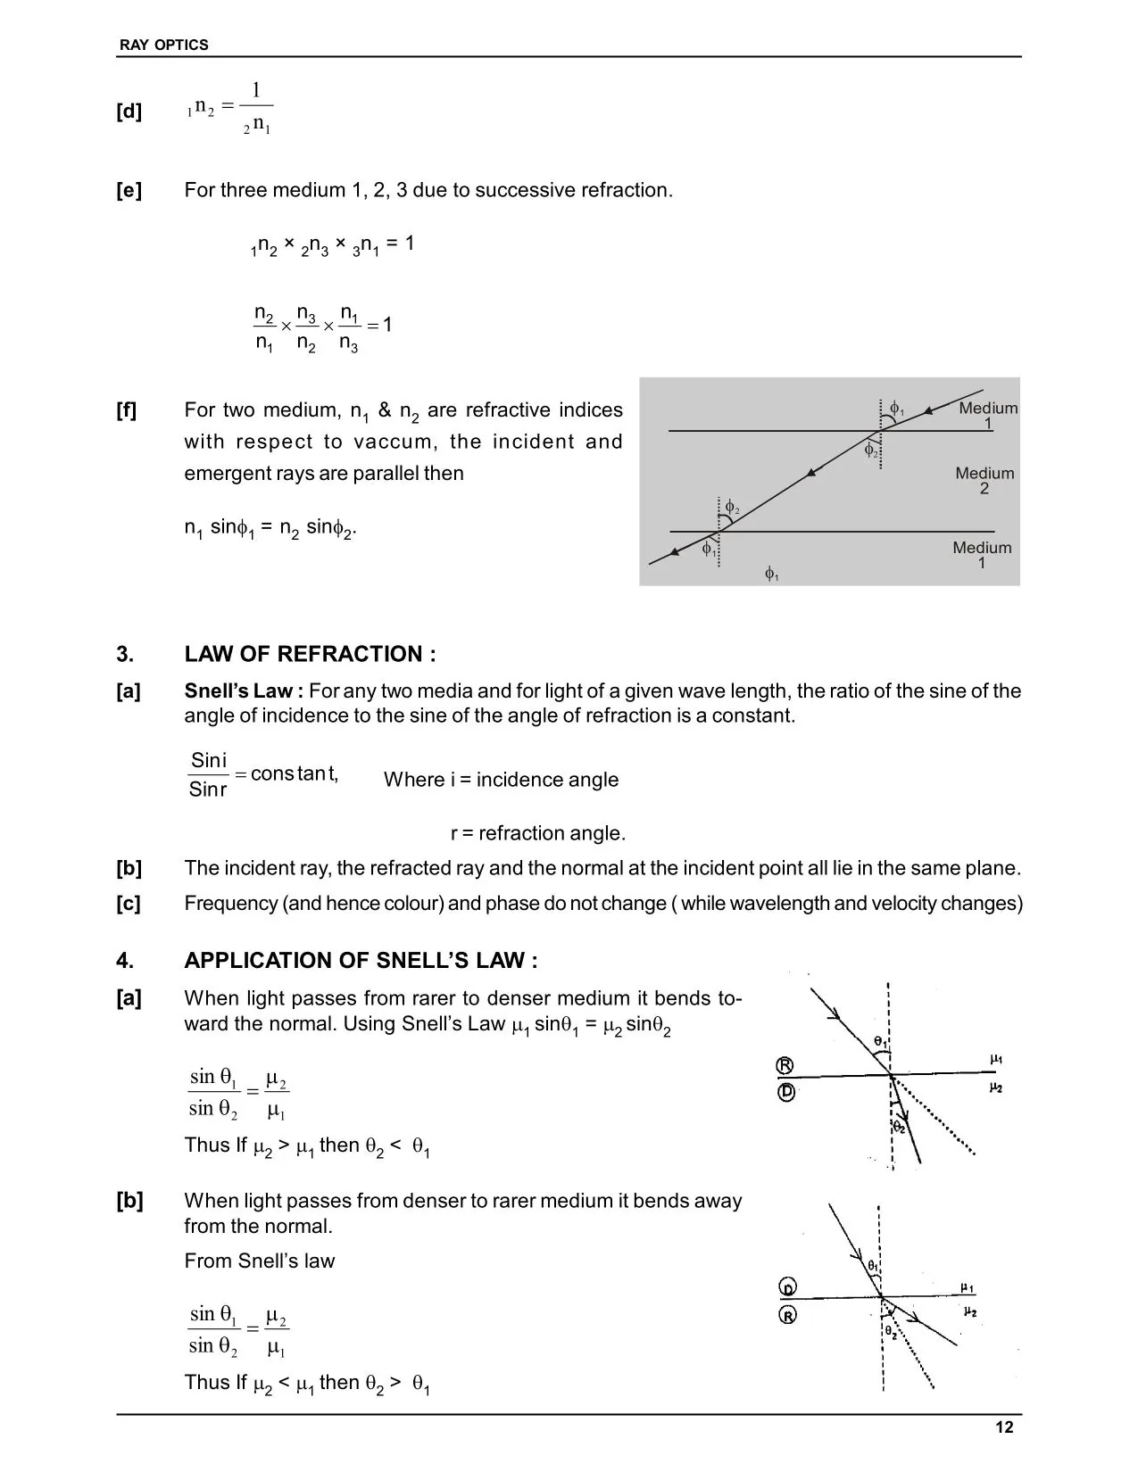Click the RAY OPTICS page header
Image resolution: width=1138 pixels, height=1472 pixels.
[x=163, y=45]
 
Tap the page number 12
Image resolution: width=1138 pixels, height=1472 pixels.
[x=1004, y=1427]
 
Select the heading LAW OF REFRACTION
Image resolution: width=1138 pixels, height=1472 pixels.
[x=310, y=654]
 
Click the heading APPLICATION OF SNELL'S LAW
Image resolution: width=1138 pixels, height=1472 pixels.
[x=361, y=960]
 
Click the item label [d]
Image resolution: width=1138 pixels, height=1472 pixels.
[x=129, y=112]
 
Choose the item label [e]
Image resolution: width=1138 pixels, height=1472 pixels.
[x=129, y=190]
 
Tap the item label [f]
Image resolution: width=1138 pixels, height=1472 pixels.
[x=128, y=410]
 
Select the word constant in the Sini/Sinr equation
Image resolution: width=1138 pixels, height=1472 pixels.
[x=294, y=773]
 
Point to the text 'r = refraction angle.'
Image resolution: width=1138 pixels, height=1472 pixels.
[x=538, y=833]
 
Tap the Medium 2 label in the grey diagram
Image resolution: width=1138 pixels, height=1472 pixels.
[x=984, y=480]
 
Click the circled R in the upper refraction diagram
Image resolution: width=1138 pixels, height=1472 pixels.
[x=785, y=1065]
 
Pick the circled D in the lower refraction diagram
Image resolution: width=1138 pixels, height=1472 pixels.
[x=788, y=1288]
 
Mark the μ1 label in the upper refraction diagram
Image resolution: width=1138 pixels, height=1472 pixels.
[x=996, y=1059]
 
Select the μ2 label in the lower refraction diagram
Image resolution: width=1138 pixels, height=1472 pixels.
[x=970, y=1312]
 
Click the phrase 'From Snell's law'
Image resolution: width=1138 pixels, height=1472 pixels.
[x=259, y=1261]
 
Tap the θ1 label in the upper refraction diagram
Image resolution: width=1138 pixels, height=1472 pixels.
[x=879, y=1041]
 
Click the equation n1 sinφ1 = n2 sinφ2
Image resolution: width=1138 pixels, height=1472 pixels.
[x=270, y=527]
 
